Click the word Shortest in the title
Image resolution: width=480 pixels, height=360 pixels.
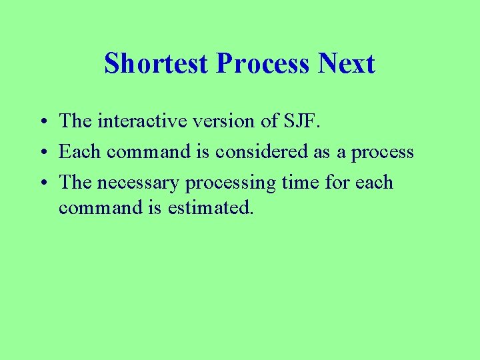(x=157, y=64)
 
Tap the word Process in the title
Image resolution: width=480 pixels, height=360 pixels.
(x=263, y=64)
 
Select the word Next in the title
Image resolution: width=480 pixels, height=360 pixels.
(x=347, y=64)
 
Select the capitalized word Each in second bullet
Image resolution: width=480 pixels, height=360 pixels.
(x=80, y=152)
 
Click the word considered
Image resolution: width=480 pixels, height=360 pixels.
(x=263, y=152)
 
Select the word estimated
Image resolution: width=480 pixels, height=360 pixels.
(x=211, y=207)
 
